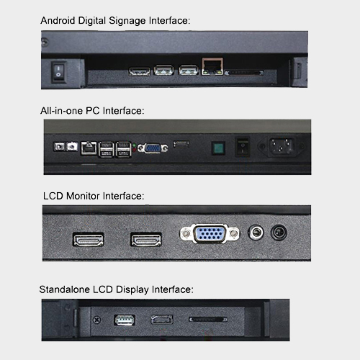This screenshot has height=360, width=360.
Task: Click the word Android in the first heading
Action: click(x=58, y=21)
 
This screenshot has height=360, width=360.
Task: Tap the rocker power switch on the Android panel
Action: click(x=58, y=71)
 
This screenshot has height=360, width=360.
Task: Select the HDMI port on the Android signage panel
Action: click(x=140, y=71)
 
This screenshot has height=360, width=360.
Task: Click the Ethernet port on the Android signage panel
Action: click(x=212, y=66)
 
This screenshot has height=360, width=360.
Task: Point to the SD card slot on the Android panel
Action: click(x=244, y=73)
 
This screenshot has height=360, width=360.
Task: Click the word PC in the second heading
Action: click(x=93, y=111)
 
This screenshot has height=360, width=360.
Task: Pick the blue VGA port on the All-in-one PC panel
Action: click(x=153, y=148)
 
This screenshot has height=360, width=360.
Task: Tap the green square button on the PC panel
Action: click(x=218, y=148)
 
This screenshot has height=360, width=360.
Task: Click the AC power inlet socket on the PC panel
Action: click(x=282, y=146)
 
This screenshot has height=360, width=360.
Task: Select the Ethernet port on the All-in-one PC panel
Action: click(x=89, y=148)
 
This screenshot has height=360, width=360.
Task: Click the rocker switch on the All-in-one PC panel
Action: click(x=243, y=146)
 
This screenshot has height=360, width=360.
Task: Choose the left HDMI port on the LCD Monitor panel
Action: click(x=89, y=240)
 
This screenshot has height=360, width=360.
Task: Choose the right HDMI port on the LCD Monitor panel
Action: click(x=146, y=240)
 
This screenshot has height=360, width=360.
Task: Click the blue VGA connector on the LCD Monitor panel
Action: click(x=210, y=233)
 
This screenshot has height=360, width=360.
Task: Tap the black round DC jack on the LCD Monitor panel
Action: click(x=279, y=233)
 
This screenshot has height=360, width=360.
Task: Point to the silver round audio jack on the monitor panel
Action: click(x=256, y=233)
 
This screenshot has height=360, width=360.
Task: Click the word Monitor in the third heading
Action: click(x=83, y=196)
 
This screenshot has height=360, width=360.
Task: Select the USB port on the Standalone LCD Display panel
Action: click(x=125, y=320)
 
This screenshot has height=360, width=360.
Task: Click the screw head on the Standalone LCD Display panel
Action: click(x=96, y=320)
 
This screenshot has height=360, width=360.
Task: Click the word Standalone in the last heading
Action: click(x=65, y=289)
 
